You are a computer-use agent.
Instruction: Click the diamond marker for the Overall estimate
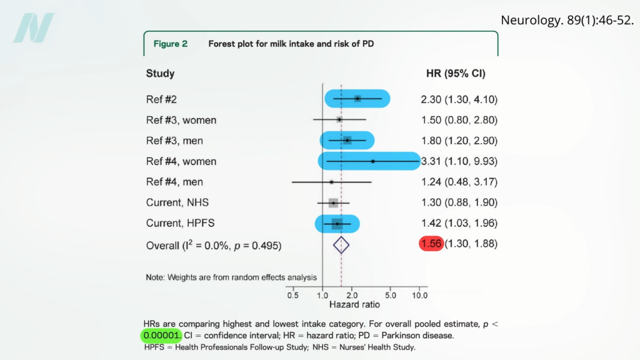pos(341,245)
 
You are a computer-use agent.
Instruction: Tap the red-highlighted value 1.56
pos(431,244)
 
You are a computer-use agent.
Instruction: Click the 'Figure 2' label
pos(171,44)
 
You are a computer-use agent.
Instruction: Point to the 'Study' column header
pos(160,74)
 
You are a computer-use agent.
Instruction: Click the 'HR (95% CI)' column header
pos(455,74)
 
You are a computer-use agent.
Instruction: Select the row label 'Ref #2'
pos(161,99)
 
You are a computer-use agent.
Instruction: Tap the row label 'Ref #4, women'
pos(181,161)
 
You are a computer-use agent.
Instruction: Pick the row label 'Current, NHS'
pos(177,202)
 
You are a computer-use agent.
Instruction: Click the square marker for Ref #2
pos(357,99)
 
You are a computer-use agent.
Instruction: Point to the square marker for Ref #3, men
pos(347,141)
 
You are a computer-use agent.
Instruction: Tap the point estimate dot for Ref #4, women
pos(373,161)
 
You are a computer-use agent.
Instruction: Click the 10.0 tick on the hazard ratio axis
pos(419,295)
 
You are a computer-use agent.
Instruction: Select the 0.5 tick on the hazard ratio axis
pos(292,295)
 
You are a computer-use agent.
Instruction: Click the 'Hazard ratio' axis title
pos(354,305)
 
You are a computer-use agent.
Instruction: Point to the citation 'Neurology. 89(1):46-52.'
pos(567,20)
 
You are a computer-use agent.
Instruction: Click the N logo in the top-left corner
pos(34,28)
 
